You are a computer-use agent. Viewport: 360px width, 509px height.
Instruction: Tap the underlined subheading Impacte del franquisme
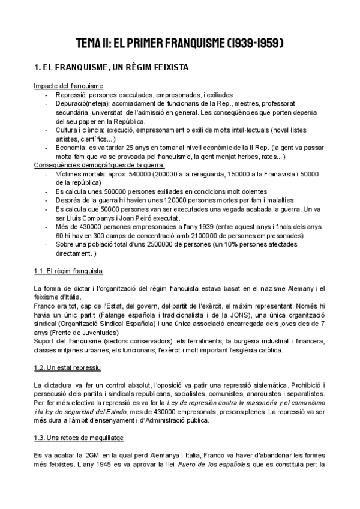click(68, 86)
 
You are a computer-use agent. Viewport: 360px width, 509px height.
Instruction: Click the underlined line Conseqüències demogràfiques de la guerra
click(100, 165)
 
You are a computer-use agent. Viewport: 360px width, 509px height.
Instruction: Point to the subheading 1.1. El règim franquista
click(68, 271)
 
